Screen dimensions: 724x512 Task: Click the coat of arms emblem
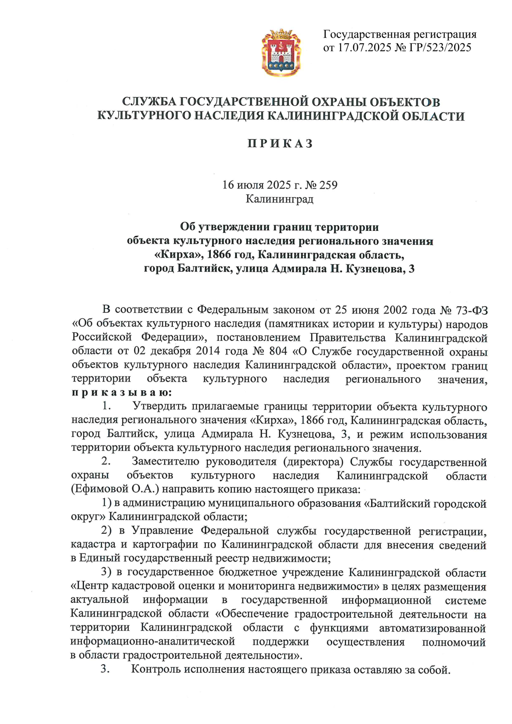(x=281, y=52)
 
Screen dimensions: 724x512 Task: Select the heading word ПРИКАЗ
(x=280, y=144)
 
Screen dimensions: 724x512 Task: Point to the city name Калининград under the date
(x=279, y=199)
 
